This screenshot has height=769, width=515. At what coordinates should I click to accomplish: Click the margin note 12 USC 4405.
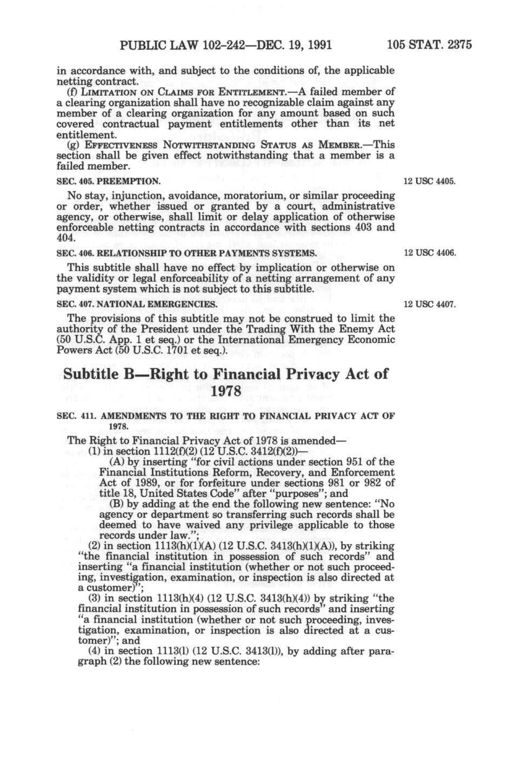click(430, 180)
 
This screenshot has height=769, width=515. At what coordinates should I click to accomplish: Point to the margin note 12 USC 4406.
click(430, 253)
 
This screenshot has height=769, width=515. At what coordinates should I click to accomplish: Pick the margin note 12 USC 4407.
click(430, 305)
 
